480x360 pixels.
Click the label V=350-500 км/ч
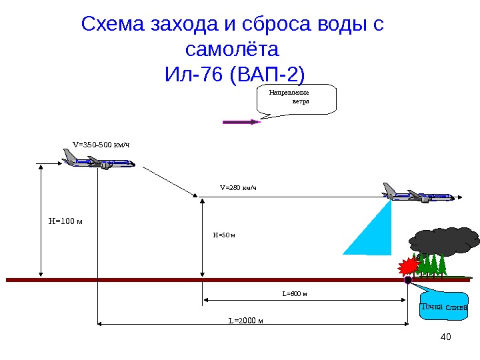click(x=101, y=143)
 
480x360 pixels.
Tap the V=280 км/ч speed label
click(x=238, y=187)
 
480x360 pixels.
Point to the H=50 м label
click(x=225, y=235)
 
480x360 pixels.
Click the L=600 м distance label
click(x=294, y=293)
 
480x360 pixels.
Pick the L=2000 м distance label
click(x=246, y=320)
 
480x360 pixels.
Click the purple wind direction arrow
click(x=240, y=122)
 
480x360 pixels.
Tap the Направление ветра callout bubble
click(x=296, y=99)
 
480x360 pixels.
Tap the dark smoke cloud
click(x=444, y=241)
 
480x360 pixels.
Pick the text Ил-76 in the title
click(x=193, y=72)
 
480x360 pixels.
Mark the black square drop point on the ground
click(x=408, y=281)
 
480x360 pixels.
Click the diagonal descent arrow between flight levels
click(x=171, y=181)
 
